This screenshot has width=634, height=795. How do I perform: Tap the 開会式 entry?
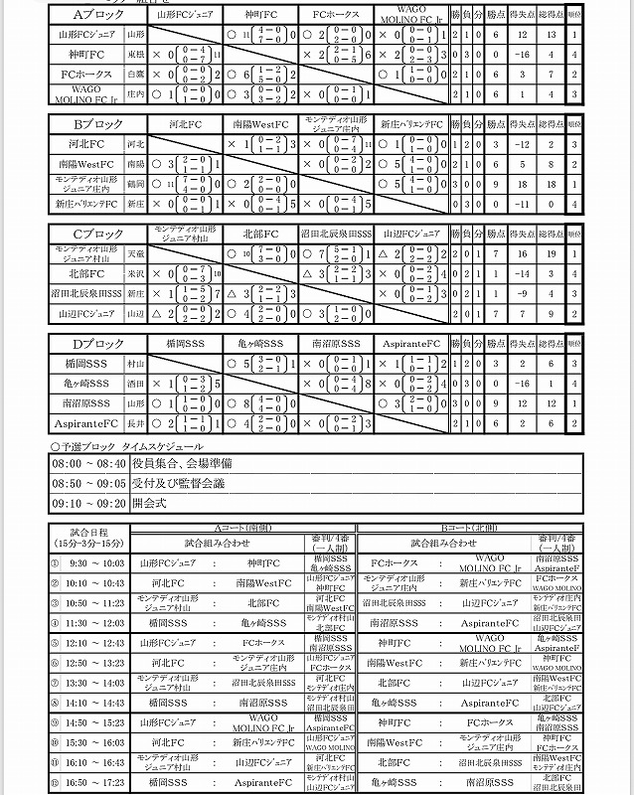[x=152, y=503]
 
